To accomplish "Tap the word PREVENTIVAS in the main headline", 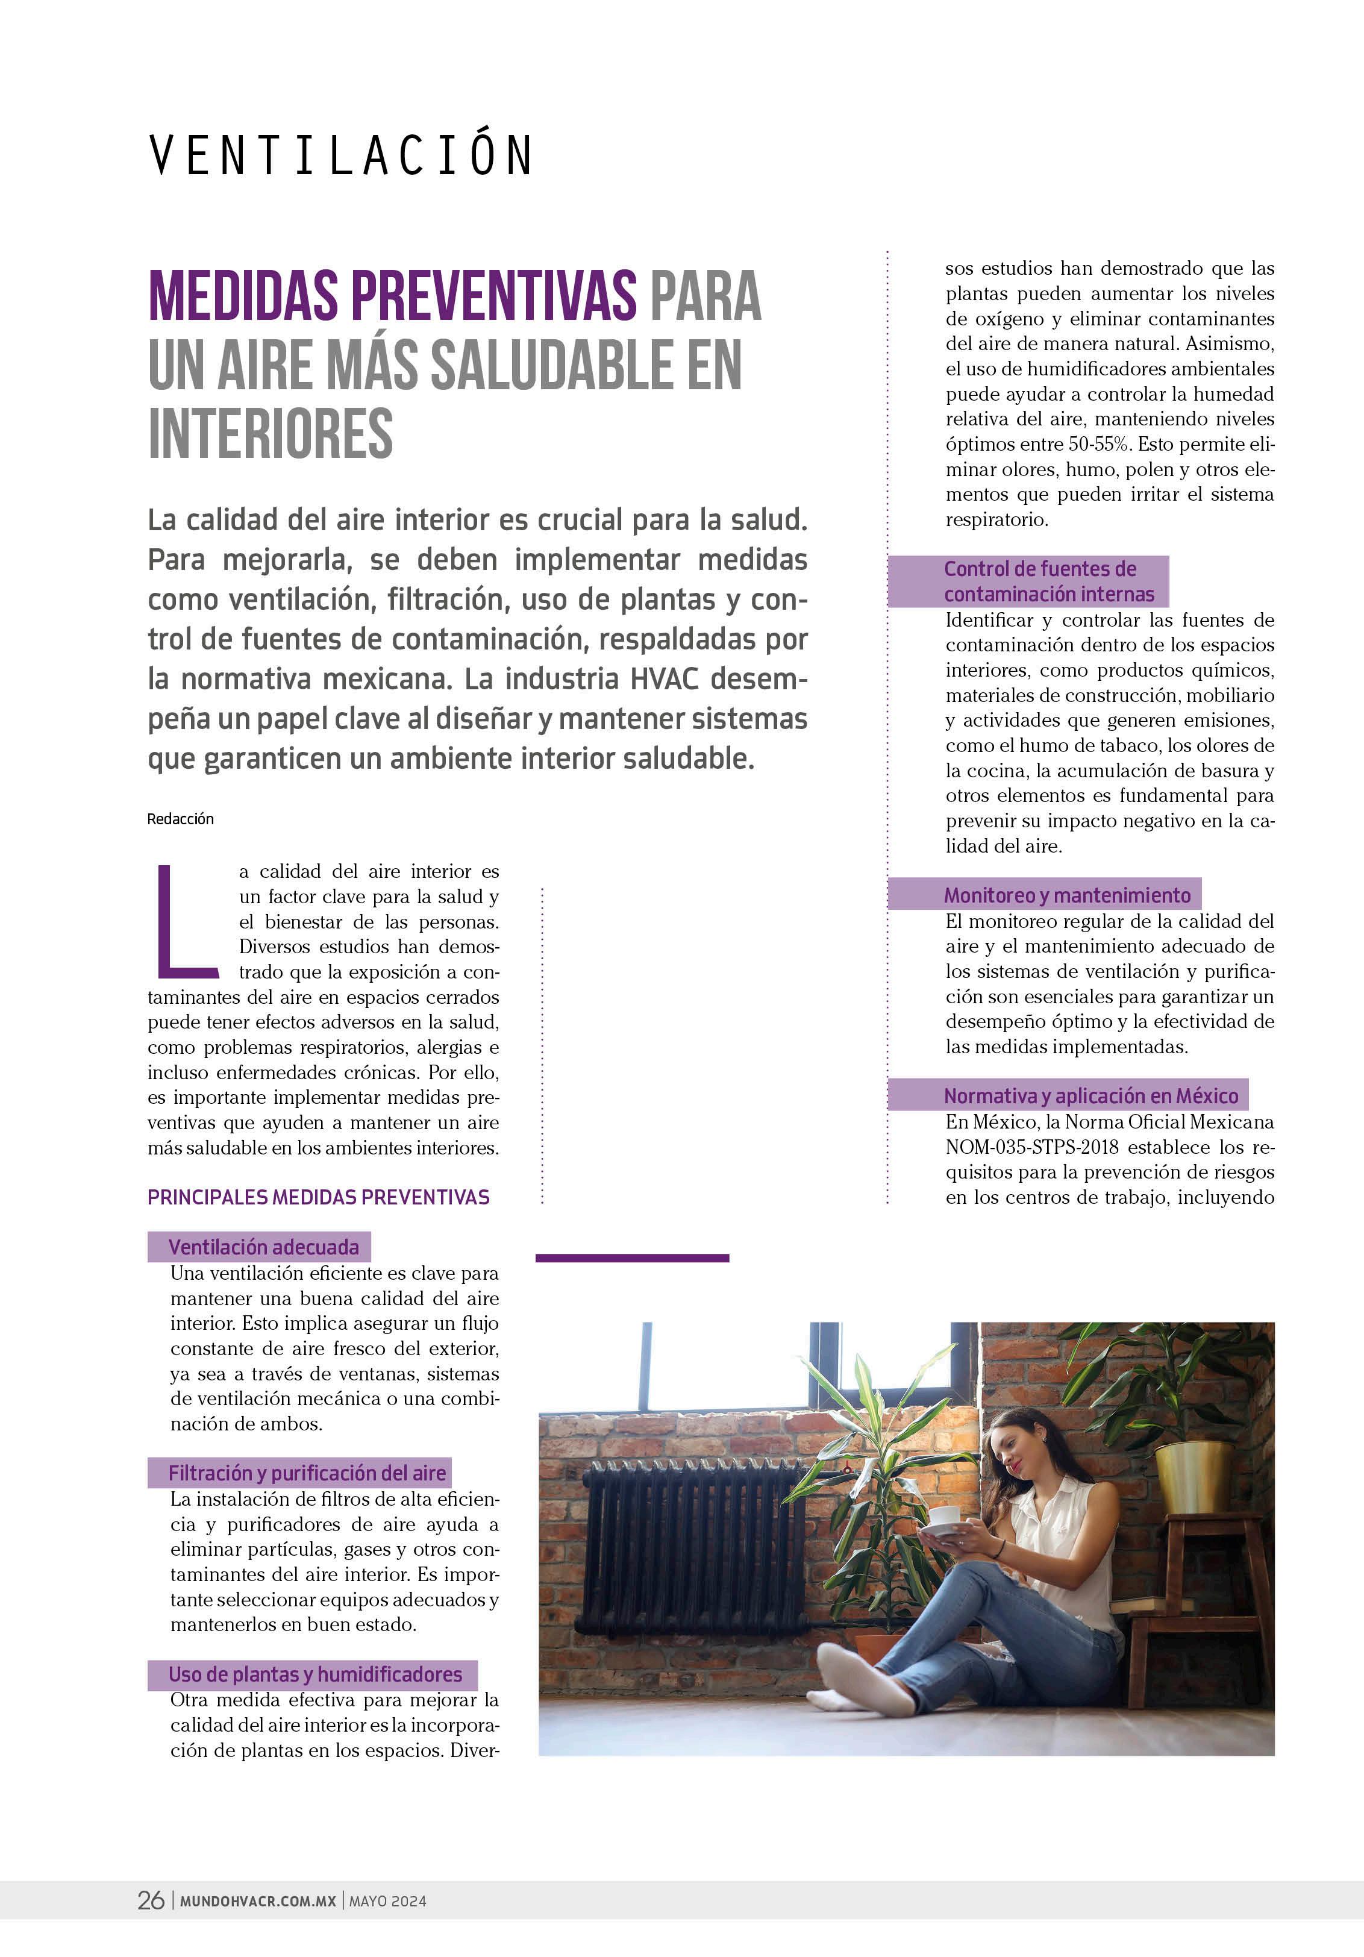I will tap(495, 296).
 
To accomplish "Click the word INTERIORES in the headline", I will tap(271, 433).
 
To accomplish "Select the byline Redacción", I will tap(181, 819).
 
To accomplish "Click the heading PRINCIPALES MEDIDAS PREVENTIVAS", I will tap(319, 1198).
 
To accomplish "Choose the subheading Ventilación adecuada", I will tap(263, 1247).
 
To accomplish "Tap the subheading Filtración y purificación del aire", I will tap(307, 1473).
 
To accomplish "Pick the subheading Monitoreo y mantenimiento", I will tap(1066, 895).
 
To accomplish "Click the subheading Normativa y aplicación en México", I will tap(1090, 1095).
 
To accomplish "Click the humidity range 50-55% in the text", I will tap(1099, 444).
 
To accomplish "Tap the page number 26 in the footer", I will tap(151, 1901).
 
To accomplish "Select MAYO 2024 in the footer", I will tap(388, 1902).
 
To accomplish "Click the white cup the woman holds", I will tap(943, 1515).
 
